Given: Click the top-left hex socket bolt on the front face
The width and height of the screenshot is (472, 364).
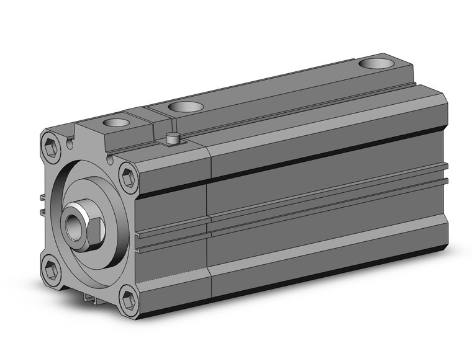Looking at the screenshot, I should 52,149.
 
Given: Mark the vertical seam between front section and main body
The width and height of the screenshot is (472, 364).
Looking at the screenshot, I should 209,223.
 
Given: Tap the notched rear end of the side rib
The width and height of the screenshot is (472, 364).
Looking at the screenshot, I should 445,175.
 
